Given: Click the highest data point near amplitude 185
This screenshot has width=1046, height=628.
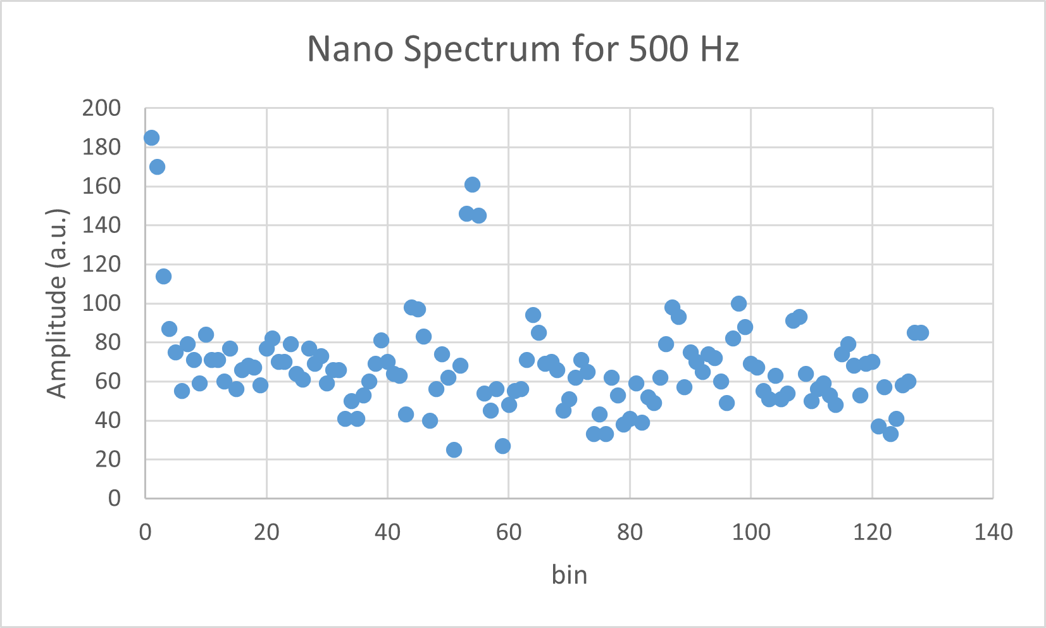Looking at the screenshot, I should tap(151, 137).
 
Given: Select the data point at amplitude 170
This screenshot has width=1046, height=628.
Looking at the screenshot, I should tap(157, 166).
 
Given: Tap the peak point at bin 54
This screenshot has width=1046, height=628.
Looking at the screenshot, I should tap(472, 184).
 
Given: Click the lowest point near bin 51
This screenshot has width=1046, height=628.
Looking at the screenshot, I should tap(454, 449).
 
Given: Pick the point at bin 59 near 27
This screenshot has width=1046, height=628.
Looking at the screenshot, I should tap(502, 446).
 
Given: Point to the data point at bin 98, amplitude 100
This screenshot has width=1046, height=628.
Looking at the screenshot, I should tap(738, 303).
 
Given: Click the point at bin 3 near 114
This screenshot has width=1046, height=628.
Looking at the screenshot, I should tap(163, 276).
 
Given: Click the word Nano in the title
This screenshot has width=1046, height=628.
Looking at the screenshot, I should tap(350, 49).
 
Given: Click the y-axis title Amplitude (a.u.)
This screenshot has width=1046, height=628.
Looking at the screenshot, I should tap(57, 303).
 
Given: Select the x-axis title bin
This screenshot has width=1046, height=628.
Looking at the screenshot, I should tap(570, 575).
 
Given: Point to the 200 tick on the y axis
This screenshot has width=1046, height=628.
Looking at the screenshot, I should tap(101, 108).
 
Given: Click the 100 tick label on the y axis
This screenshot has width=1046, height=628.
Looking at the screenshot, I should tap(101, 303).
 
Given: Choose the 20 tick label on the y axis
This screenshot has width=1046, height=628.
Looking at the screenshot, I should tap(108, 459).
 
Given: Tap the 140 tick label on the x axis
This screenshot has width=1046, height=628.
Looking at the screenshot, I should tap(993, 532).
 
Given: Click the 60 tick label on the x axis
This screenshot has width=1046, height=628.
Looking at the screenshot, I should tap(508, 532).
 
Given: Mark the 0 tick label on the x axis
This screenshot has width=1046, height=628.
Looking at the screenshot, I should tap(146, 532).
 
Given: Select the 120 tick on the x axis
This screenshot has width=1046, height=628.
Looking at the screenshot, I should tap(872, 532).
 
